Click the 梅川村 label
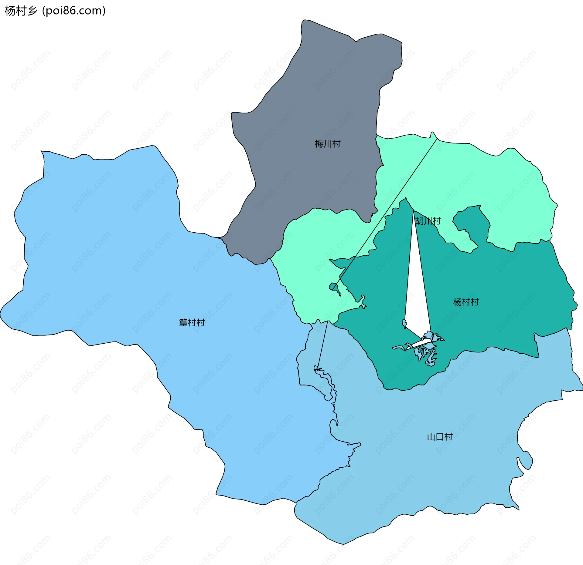(327, 144)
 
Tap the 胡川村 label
(428, 221)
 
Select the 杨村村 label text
(466, 302)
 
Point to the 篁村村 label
(192, 322)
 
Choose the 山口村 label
(440, 437)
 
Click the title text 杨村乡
(21, 11)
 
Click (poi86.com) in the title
(74, 11)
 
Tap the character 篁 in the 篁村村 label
(183, 322)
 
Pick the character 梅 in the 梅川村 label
(319, 144)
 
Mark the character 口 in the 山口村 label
(440, 437)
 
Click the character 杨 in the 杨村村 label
(457, 302)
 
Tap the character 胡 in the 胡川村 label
(419, 221)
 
